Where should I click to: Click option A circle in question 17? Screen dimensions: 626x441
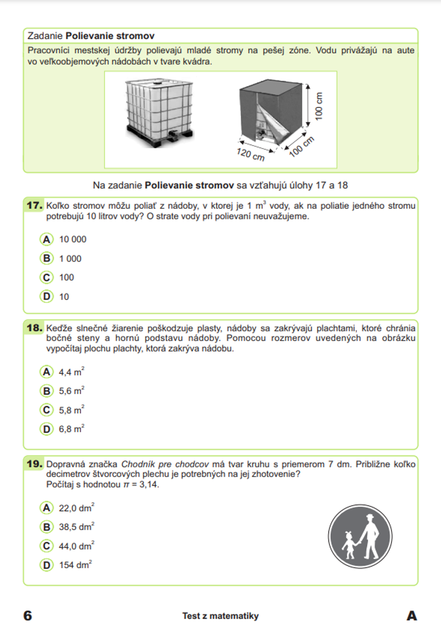46,239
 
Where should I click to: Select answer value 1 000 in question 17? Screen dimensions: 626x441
70,259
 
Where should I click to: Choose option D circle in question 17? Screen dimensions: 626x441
46,296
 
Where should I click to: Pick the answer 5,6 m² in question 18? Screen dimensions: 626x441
71,391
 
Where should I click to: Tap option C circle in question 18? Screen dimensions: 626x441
46,410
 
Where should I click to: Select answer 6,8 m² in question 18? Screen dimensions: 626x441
71,429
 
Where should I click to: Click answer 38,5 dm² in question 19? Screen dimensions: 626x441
76,527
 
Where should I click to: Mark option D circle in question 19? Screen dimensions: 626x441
46,565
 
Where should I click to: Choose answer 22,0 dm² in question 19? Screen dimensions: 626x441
76,508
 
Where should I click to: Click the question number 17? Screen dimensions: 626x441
34,205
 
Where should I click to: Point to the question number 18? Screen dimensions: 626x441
34,328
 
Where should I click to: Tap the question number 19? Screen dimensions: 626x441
34,464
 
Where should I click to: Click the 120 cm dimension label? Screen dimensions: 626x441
250,154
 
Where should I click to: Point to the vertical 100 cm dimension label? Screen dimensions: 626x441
319,106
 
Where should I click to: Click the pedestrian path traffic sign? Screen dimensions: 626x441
360,536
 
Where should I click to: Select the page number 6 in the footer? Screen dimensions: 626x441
27,615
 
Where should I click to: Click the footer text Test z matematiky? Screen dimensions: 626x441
220,616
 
